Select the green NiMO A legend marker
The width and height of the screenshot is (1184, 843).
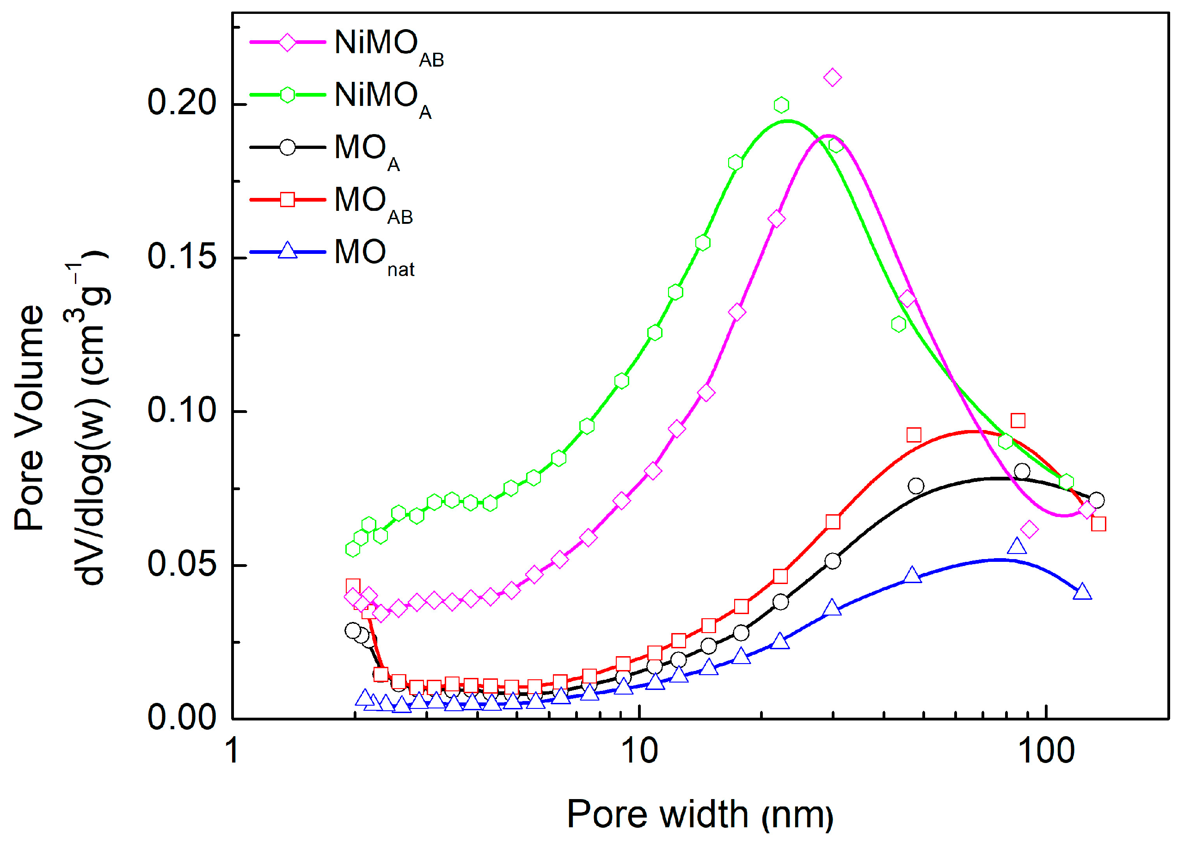pos(288,95)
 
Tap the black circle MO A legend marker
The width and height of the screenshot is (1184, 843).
pos(288,148)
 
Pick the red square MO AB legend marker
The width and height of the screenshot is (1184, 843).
pos(288,199)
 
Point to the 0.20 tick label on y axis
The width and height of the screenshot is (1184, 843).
pos(181,102)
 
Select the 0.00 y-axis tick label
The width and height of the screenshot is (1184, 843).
pos(181,718)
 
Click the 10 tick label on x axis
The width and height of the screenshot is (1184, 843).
pos(639,751)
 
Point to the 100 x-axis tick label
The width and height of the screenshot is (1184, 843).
pos(1046,751)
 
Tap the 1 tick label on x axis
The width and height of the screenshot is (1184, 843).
pos(233,751)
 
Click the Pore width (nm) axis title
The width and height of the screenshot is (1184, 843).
pos(699,814)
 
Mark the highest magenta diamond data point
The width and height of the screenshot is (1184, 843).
pos(832,78)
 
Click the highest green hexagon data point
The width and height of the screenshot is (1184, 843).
pos(781,105)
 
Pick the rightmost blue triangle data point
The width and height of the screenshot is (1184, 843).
pos(1082,592)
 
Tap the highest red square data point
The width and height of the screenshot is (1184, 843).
pos(1018,420)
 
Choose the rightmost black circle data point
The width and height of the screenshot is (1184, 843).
pos(1096,500)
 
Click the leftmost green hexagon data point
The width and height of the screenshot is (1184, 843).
pos(353,549)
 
